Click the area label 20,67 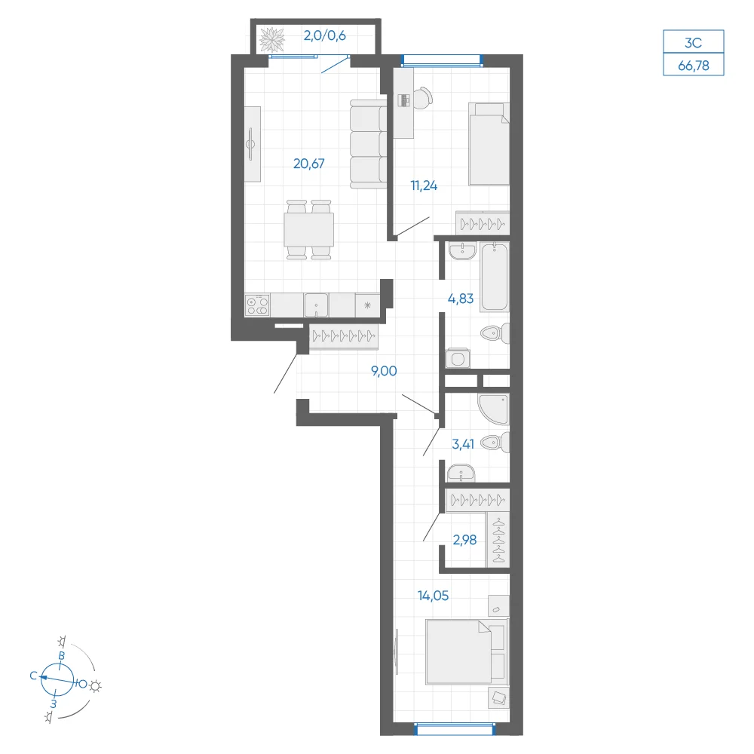pos(308,164)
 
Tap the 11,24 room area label pos(424,185)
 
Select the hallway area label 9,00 pos(384,371)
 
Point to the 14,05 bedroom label pos(433,596)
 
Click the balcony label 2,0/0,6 pos(324,35)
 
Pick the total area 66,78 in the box pos(694,66)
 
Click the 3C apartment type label pos(694,43)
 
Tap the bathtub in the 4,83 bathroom pos(495,277)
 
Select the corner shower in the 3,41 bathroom pos(493,409)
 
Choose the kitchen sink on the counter pos(316,305)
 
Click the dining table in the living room pos(308,230)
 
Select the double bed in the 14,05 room pos(467,652)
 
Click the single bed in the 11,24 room pos(489,144)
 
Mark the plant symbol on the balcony pos(272,40)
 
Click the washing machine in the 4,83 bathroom pos(458,359)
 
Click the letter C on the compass pos(33,676)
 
